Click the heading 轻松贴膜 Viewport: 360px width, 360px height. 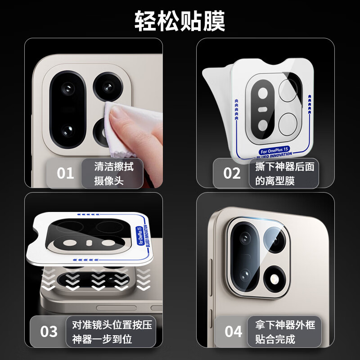[180, 21]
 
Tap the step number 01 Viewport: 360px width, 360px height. [65, 173]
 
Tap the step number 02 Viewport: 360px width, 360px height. [232, 173]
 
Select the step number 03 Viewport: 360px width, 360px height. [49, 332]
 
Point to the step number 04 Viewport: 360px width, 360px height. [234, 332]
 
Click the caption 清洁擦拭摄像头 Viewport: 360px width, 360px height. [113, 173]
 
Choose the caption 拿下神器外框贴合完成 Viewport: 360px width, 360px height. [285, 332]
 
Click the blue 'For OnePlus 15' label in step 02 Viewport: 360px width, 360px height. [274, 150]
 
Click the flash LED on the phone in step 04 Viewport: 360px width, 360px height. [274, 279]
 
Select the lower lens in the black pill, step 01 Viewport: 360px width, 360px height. [68, 131]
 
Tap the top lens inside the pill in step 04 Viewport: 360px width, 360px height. [245, 238]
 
